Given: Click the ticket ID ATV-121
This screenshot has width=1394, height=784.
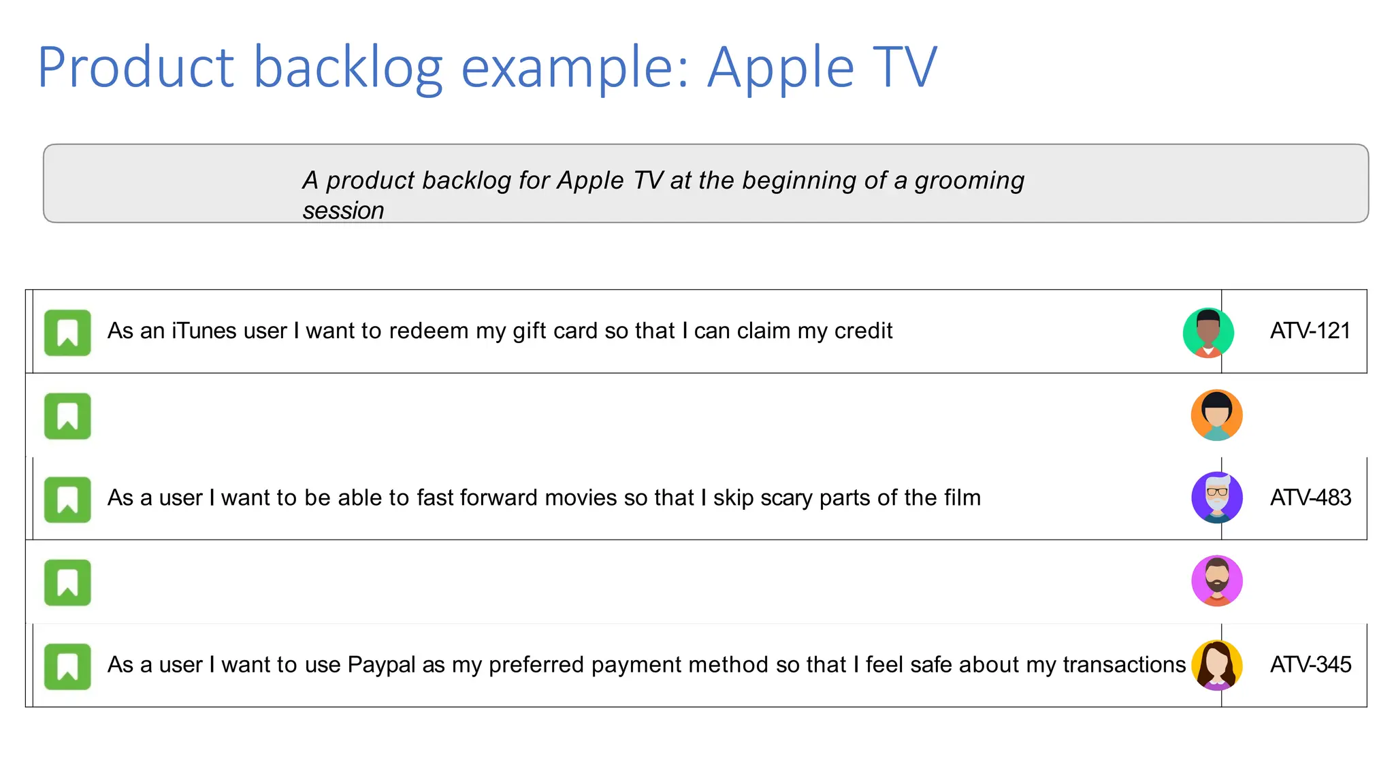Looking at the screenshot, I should point(1310,331).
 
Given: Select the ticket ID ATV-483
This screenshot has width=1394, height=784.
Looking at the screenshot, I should point(1310,497).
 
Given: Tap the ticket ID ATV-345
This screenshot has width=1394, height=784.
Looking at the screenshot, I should point(1310,664).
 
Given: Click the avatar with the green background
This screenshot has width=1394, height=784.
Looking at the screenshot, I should point(1208,333).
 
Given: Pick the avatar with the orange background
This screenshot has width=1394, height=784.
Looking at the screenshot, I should point(1216,415).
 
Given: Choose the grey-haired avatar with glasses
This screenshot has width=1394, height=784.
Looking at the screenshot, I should point(1216,497).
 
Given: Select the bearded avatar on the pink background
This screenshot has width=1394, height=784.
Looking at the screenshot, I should point(1216,581).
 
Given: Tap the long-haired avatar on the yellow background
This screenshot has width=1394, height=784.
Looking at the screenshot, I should point(1216,665).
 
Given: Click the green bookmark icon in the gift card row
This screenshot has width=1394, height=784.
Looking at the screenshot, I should point(67,333).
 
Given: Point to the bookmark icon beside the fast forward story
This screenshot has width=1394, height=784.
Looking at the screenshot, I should point(67,500).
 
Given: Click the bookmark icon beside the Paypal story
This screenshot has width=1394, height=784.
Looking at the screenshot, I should point(67,666).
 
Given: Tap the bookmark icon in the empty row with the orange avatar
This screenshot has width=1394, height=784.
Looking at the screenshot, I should point(67,416).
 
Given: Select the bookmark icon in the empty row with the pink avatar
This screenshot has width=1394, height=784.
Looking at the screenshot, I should point(67,583).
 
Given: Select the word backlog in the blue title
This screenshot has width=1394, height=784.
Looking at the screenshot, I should point(348,67).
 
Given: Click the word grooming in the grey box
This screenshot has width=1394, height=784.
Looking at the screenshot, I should point(969,181).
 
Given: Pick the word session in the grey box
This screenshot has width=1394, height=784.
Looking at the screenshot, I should point(343,211).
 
